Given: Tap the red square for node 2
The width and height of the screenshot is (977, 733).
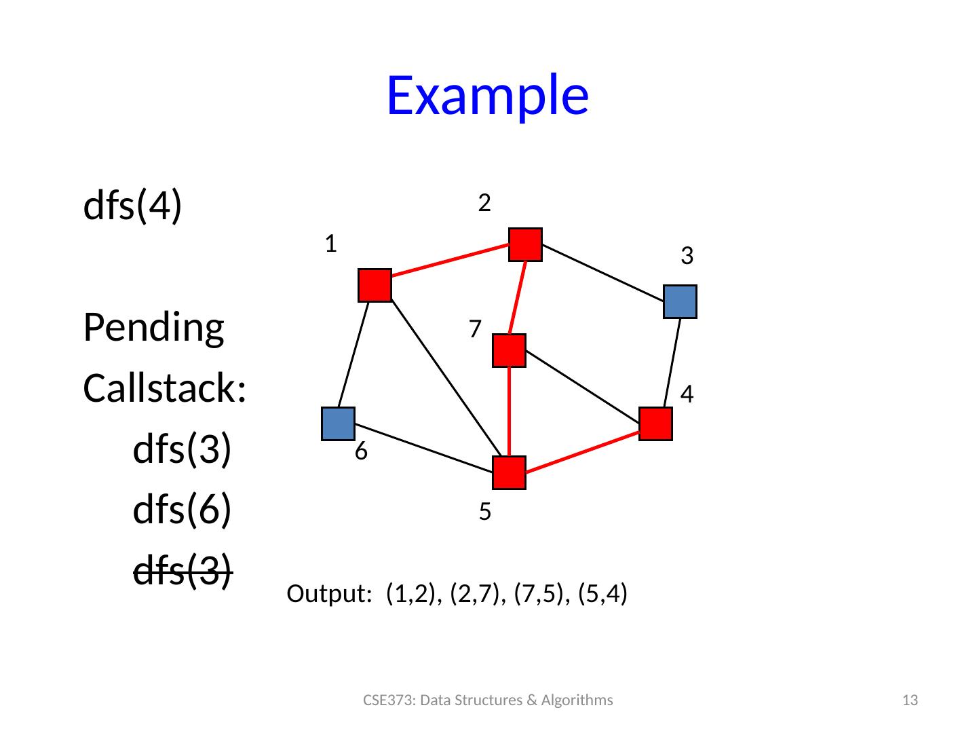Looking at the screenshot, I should coord(526,244).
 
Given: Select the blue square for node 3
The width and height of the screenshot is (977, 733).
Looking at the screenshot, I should coord(681,302).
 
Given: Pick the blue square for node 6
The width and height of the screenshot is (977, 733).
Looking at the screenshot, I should coord(339,424).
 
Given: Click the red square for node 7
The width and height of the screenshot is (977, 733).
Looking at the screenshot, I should coord(509,351).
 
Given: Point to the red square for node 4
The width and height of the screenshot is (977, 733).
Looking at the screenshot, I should coord(655,424).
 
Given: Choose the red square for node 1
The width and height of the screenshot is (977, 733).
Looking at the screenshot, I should coord(375,286).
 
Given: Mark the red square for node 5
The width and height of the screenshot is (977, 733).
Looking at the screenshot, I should coord(510,473).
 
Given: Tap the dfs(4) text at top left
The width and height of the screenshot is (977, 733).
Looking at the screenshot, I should coord(133,205).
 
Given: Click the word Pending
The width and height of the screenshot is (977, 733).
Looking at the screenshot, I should coord(153,328).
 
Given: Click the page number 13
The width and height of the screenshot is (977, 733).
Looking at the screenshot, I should coord(912,700).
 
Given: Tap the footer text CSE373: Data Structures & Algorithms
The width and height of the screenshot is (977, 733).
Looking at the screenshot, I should coord(488,700).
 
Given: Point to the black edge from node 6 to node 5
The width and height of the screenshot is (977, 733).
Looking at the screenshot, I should coord(424,448).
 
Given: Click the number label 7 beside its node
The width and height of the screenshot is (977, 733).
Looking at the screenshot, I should coord(475,329).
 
